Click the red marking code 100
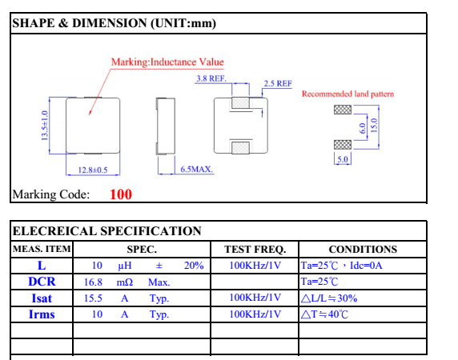click(x=121, y=194)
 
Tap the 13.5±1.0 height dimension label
click(x=44, y=126)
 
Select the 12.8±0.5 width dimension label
click(x=93, y=170)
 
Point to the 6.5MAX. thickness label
click(x=197, y=170)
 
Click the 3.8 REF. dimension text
click(x=211, y=78)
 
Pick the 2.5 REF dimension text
click(x=278, y=84)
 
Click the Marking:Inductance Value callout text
click(x=167, y=62)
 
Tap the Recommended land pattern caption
click(x=348, y=94)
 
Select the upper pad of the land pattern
click(x=343, y=110)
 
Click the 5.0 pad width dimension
click(x=343, y=159)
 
